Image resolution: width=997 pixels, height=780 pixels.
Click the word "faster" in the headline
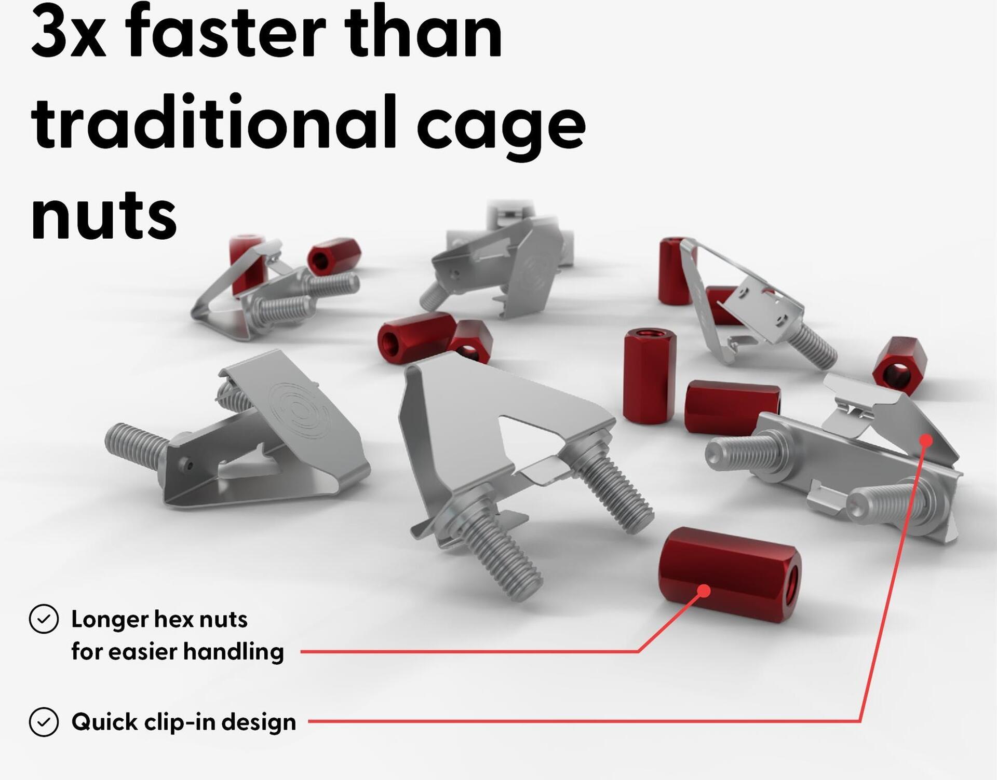(x=226, y=30)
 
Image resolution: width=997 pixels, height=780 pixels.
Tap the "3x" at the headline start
(x=69, y=31)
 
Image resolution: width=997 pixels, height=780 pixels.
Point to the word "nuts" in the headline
(x=104, y=215)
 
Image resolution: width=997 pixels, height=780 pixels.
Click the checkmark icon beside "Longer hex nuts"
(x=44, y=619)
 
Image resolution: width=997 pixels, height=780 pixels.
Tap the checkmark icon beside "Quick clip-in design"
(x=44, y=722)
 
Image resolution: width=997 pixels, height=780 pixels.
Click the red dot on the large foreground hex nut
(x=704, y=591)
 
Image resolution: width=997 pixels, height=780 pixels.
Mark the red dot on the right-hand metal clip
(x=926, y=441)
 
